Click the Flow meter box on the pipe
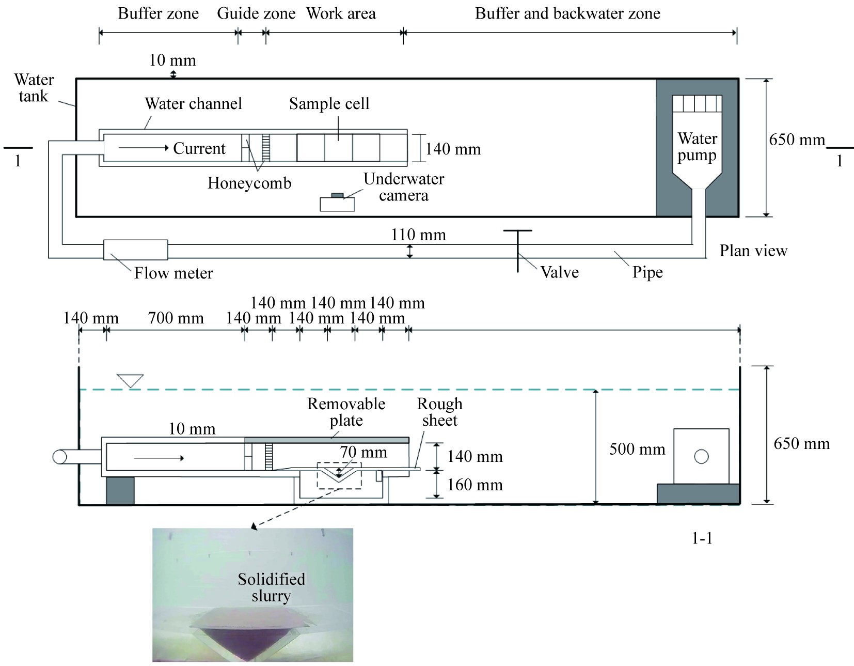tap(135, 250)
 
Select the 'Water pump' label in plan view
tap(697, 147)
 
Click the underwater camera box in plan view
tap(337, 204)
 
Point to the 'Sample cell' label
tap(329, 104)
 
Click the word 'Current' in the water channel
tap(199, 149)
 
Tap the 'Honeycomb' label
tap(249, 183)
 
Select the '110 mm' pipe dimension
tap(418, 235)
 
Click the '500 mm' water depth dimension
tap(637, 449)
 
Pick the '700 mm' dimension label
tap(176, 318)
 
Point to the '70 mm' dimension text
tap(363, 453)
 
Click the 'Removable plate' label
tap(346, 412)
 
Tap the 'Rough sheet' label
tap(439, 412)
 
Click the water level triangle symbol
tap(130, 381)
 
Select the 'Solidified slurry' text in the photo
tap(271, 587)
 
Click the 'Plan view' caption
tap(753, 251)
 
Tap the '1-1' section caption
tap(702, 538)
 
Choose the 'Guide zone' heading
tap(256, 13)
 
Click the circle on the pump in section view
tap(701, 457)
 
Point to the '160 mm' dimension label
tap(475, 485)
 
